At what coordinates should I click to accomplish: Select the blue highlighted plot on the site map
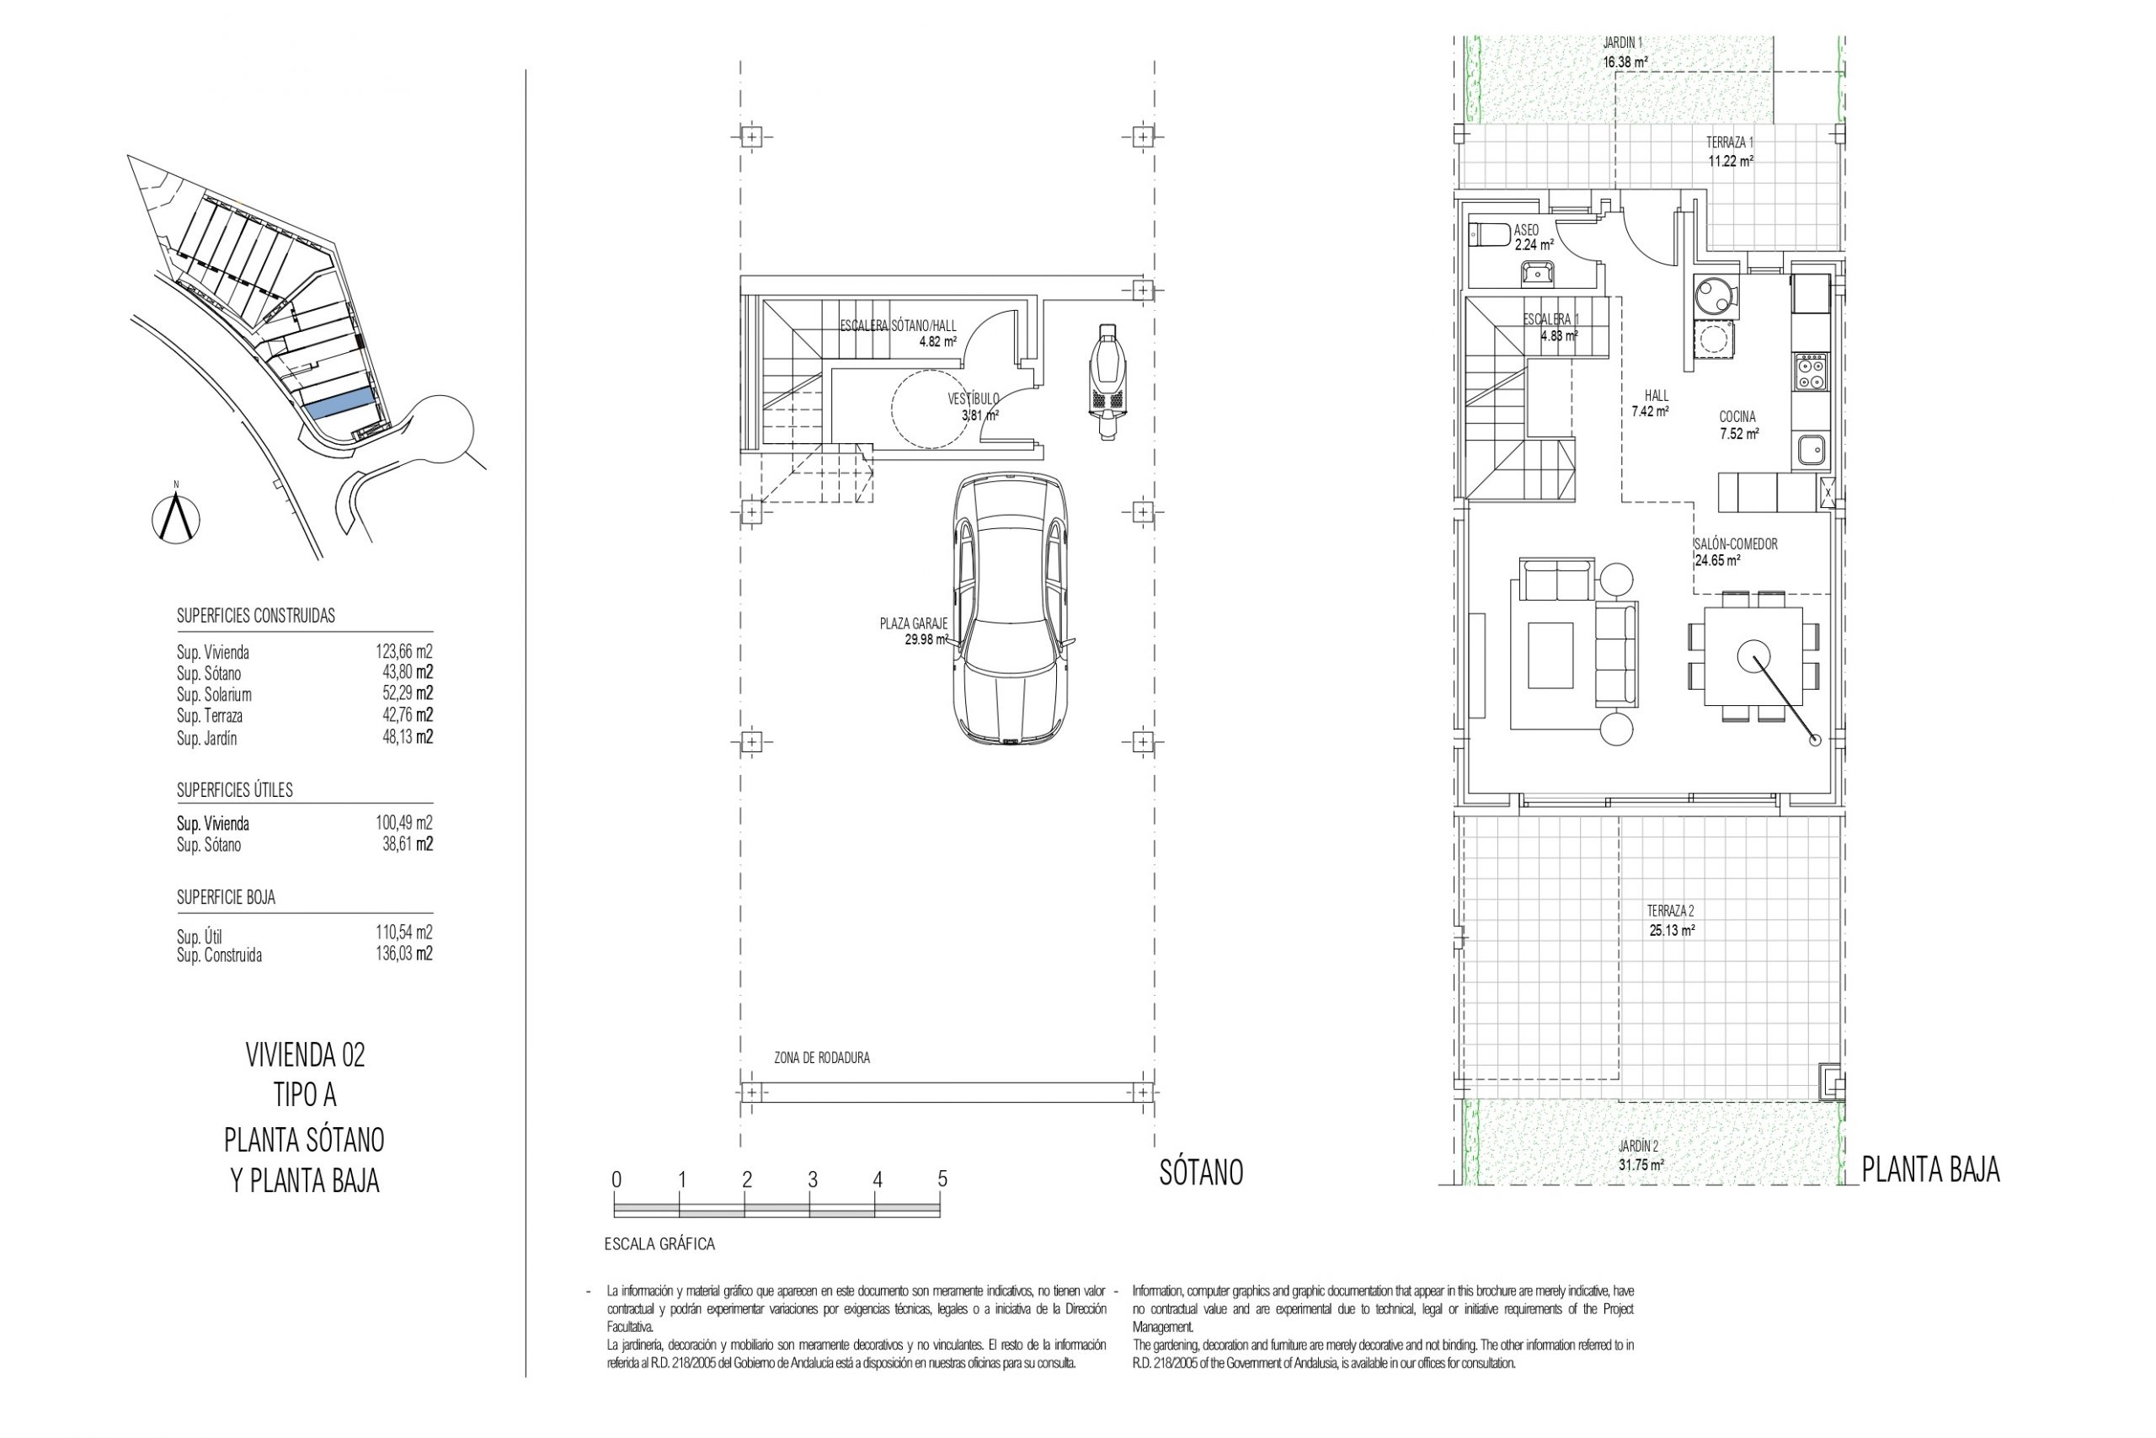pyautogui.click(x=340, y=403)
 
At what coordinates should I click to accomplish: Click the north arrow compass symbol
pyautogui.click(x=177, y=517)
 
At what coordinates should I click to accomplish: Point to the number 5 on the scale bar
pyautogui.click(x=942, y=1179)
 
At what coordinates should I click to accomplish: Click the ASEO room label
pyautogui.click(x=1526, y=229)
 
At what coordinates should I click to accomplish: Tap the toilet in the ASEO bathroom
pyautogui.click(x=1489, y=235)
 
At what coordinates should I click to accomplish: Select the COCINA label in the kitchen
pyautogui.click(x=1737, y=416)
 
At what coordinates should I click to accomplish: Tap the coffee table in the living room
pyautogui.click(x=1550, y=655)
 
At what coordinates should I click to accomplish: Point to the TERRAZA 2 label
pyautogui.click(x=1670, y=911)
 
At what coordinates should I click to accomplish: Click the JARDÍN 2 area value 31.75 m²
pyautogui.click(x=1641, y=1165)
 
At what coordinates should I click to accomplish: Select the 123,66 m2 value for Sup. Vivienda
pyautogui.click(x=403, y=652)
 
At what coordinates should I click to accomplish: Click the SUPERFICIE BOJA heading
pyautogui.click(x=226, y=897)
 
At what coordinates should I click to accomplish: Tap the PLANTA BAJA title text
pyautogui.click(x=1930, y=1169)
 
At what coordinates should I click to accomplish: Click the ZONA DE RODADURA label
pyautogui.click(x=822, y=1057)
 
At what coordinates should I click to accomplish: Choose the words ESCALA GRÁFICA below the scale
pyautogui.click(x=659, y=1244)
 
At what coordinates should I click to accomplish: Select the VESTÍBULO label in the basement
pyautogui.click(x=974, y=399)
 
